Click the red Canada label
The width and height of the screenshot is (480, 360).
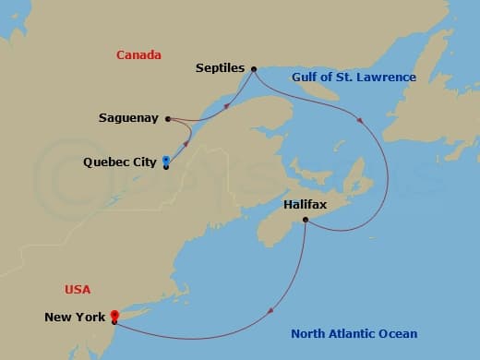click(138, 55)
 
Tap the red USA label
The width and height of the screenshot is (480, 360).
click(78, 289)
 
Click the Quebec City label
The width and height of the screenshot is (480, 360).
click(119, 162)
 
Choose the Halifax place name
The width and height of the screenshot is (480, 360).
click(306, 204)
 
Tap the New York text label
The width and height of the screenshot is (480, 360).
click(75, 318)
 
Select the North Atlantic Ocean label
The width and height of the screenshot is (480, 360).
click(354, 333)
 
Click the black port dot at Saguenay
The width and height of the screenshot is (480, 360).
click(167, 118)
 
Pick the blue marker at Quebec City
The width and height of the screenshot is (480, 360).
click(165, 160)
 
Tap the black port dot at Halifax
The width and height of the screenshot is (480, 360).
click(306, 218)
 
